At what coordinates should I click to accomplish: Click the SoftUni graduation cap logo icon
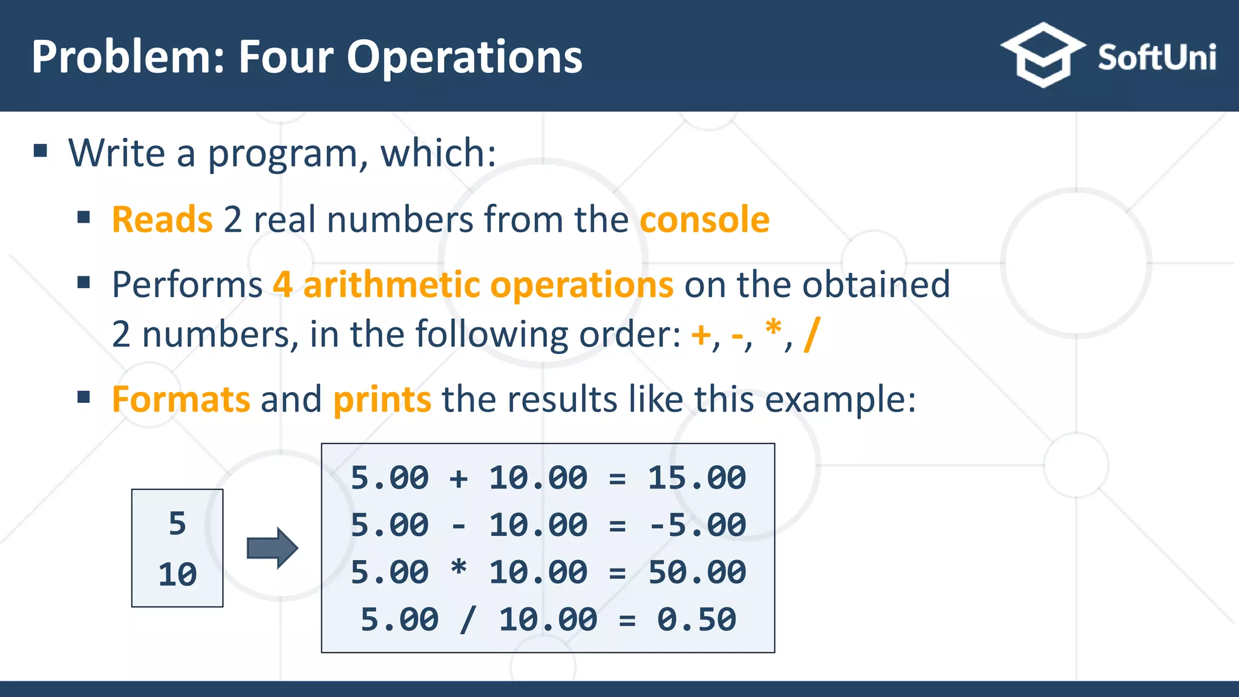click(x=1042, y=56)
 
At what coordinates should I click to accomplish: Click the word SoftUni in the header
click(x=1157, y=57)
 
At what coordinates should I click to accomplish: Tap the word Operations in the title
click(x=464, y=57)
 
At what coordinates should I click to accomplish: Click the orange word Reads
click(x=162, y=219)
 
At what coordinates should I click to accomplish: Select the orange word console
click(x=705, y=219)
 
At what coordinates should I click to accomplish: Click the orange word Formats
click(x=181, y=399)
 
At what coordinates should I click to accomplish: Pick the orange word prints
click(x=382, y=399)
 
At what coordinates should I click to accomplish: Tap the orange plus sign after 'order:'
click(x=701, y=335)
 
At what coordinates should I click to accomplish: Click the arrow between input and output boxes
click(x=272, y=548)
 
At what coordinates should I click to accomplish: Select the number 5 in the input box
click(x=177, y=523)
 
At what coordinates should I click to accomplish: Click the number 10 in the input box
click(x=177, y=574)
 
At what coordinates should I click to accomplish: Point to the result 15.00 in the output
click(x=697, y=478)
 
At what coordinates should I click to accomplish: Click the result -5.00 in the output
click(x=697, y=525)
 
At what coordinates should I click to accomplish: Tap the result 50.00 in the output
click(x=697, y=572)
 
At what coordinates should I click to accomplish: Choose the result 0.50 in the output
click(x=697, y=620)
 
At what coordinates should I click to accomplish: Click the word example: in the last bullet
click(x=841, y=399)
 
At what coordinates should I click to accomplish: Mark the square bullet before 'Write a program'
click(x=41, y=151)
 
